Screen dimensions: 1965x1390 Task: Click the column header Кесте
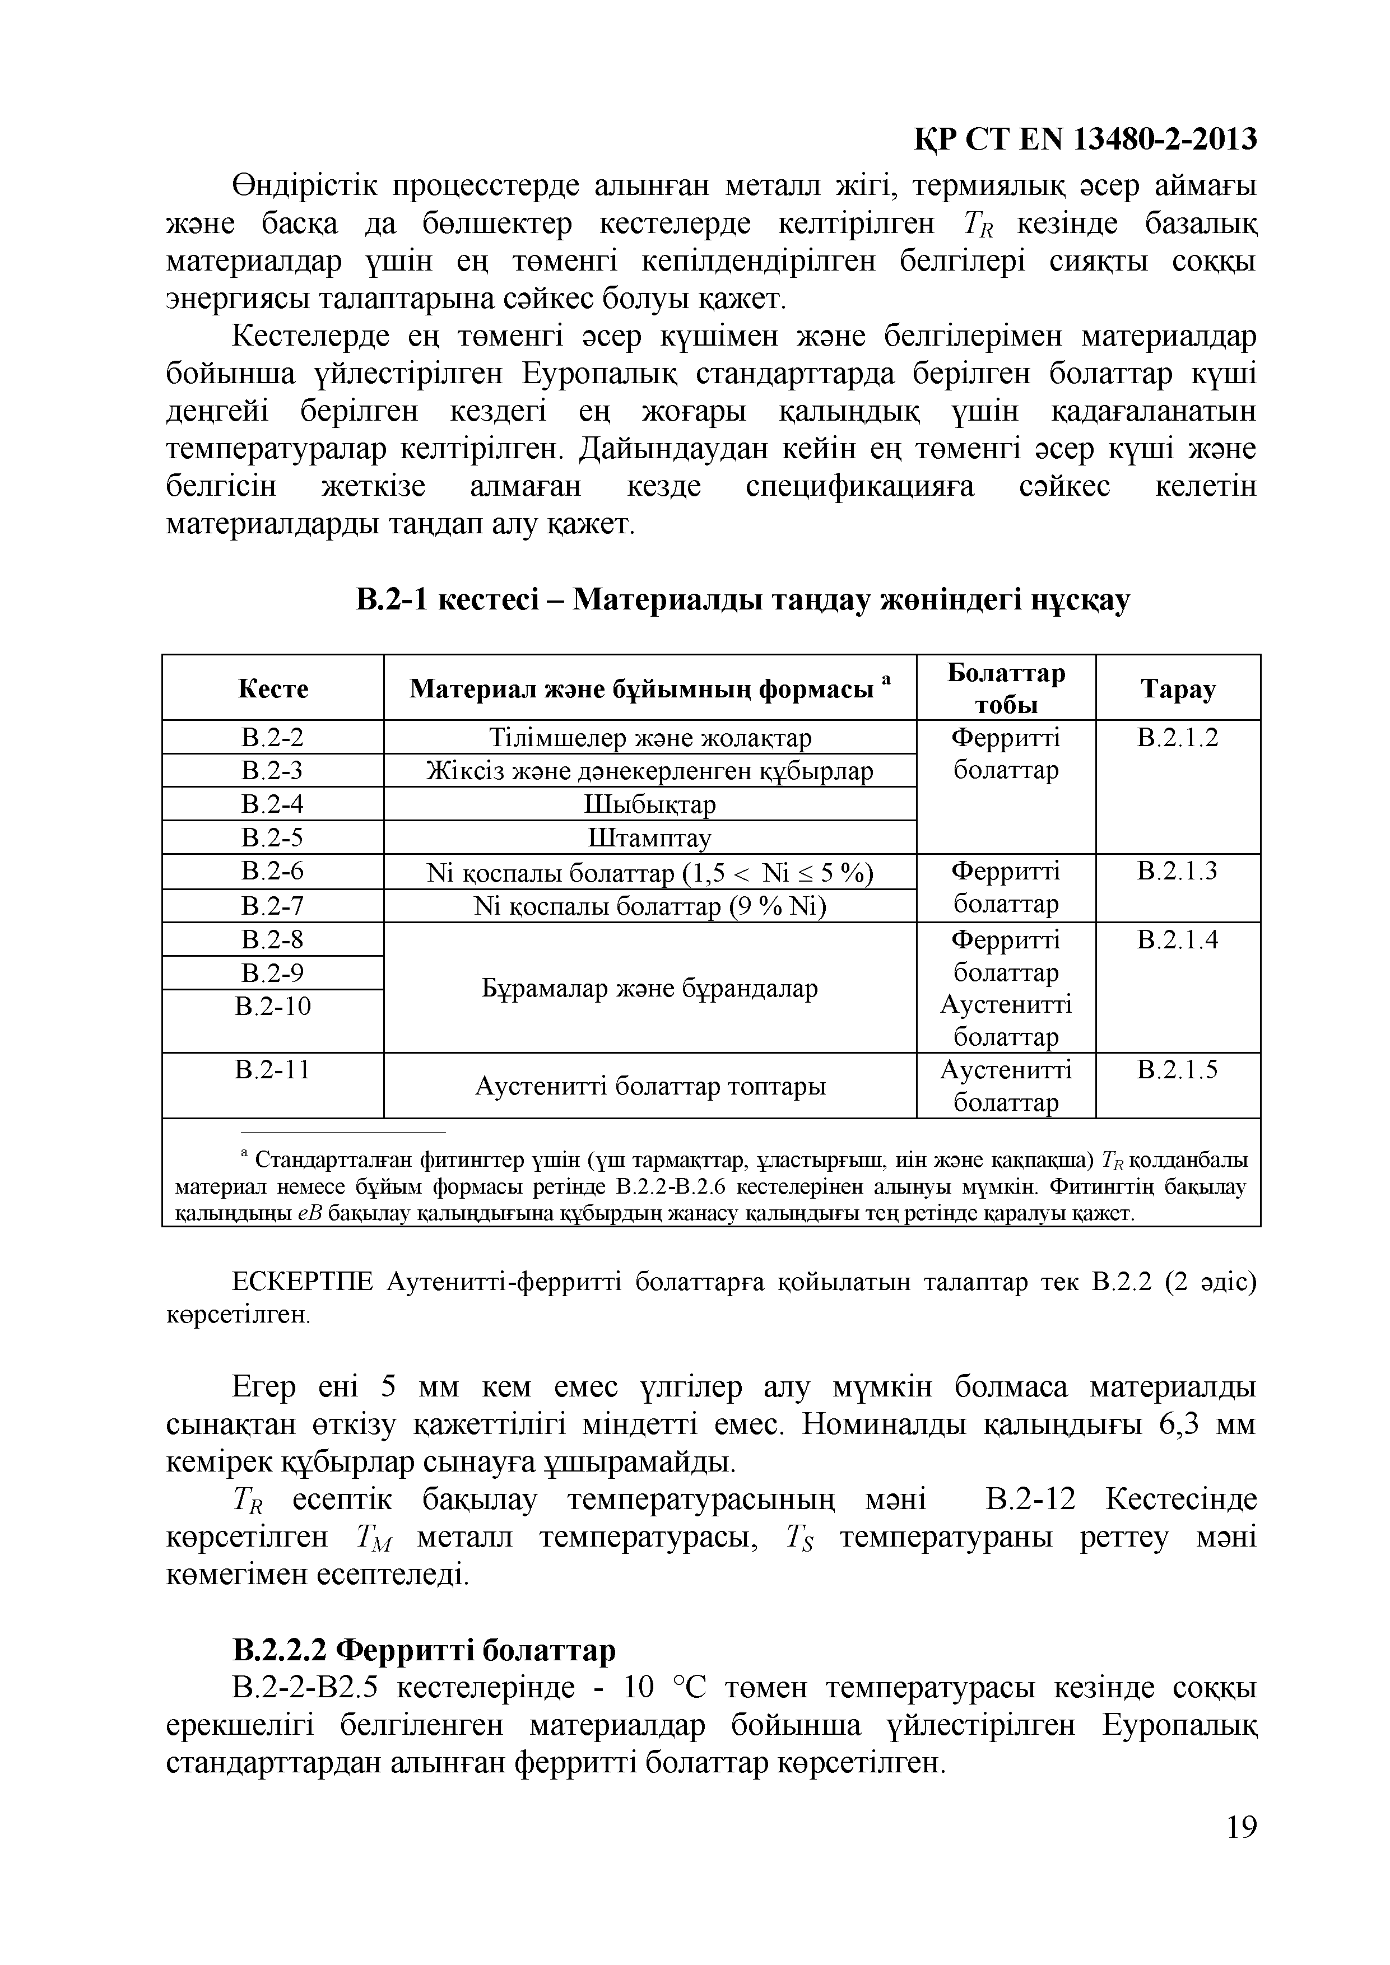click(x=273, y=689)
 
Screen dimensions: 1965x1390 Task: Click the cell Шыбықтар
click(x=650, y=804)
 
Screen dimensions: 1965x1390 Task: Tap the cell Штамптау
click(x=650, y=838)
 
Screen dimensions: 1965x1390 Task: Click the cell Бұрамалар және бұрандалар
click(x=650, y=989)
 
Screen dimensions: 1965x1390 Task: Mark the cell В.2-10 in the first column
click(x=273, y=1005)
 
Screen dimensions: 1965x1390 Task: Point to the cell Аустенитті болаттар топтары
click(x=650, y=1087)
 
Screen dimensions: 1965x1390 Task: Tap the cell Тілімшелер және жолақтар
click(x=650, y=738)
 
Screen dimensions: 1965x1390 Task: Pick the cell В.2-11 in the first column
click(x=273, y=1070)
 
